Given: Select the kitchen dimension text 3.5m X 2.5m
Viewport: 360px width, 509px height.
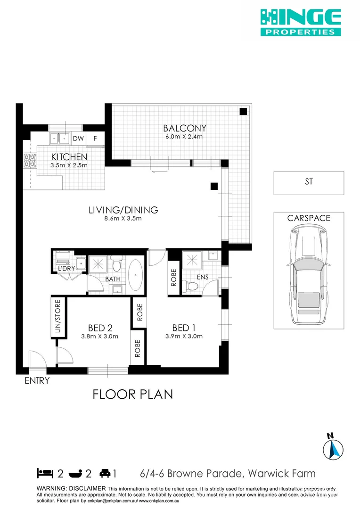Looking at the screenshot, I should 69,165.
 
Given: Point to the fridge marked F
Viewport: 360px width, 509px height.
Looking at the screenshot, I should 95,139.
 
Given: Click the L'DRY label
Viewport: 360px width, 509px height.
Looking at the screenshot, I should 65,268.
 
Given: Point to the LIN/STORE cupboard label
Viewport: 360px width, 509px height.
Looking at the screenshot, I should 58,316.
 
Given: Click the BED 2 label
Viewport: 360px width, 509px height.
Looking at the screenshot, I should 100,328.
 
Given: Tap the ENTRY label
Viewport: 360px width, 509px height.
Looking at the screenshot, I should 37,381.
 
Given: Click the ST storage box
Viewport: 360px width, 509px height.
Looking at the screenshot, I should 309,182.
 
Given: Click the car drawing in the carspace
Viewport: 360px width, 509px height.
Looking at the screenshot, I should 309,275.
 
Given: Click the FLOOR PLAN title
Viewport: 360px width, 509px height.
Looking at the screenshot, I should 132,394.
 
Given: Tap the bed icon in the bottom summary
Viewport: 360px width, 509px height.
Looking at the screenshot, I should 45,473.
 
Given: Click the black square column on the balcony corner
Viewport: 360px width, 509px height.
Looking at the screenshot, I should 243,112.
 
